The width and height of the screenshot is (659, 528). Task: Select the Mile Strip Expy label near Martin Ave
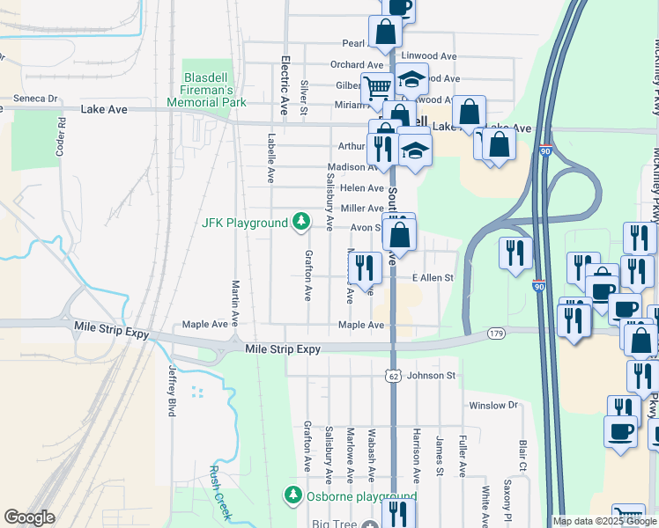click(x=282, y=349)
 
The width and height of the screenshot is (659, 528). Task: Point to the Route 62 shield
click(x=393, y=376)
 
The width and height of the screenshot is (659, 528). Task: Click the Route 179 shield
click(x=495, y=334)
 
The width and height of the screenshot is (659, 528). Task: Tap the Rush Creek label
click(x=219, y=493)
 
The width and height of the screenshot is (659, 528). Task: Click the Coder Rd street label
click(x=62, y=136)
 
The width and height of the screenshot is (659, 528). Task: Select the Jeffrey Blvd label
click(x=171, y=391)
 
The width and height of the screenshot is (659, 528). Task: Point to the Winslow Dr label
click(x=493, y=406)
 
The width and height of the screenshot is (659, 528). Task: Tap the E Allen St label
click(x=433, y=278)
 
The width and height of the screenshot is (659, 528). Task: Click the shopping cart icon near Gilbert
click(x=377, y=87)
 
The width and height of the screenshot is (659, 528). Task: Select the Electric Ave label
click(x=285, y=86)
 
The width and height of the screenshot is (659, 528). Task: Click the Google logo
click(x=29, y=517)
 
